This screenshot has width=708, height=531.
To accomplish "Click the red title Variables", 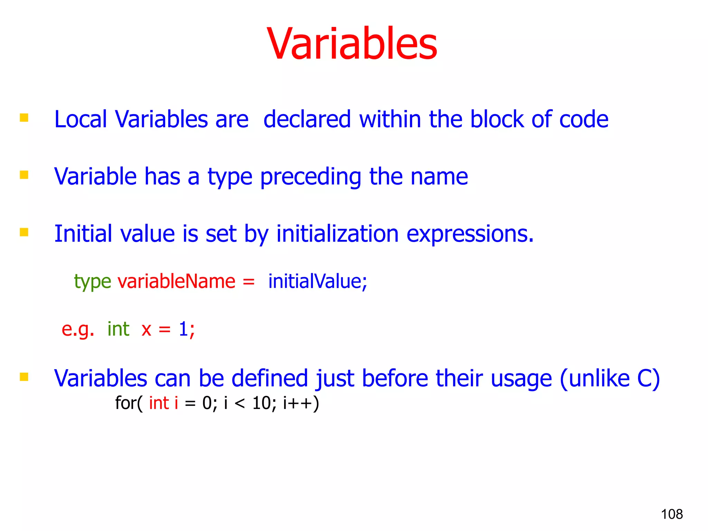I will [x=352, y=44].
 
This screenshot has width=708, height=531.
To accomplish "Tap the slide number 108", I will [x=672, y=514].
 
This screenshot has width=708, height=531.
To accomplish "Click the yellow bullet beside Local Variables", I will [x=24, y=118].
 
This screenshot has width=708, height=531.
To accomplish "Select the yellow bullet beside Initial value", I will [x=24, y=232].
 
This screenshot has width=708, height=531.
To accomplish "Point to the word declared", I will [x=307, y=119].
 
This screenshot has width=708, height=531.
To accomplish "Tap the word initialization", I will [x=337, y=234].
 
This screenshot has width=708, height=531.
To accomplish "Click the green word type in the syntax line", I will [x=92, y=281].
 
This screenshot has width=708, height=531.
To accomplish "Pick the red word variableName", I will [x=176, y=281].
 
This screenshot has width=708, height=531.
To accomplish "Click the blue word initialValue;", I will [x=317, y=281].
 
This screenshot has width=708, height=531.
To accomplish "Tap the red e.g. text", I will [x=78, y=329].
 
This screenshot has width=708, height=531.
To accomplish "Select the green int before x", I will [x=118, y=329].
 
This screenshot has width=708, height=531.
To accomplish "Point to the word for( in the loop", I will [x=128, y=403].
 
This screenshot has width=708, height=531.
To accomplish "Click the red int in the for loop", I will [x=159, y=403].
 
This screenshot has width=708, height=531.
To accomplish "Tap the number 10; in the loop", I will [x=264, y=403].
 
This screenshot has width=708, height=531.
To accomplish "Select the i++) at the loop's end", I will [x=301, y=403].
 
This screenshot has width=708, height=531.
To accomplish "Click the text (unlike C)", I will [x=609, y=379].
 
